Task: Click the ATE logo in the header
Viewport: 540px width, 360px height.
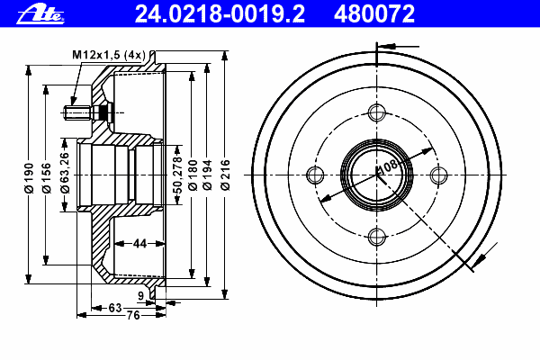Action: (x=40, y=15)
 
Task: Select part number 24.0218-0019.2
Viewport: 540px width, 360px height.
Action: (x=220, y=13)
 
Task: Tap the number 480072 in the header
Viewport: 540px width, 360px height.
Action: (x=374, y=13)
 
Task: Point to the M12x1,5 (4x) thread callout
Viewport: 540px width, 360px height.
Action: (x=109, y=55)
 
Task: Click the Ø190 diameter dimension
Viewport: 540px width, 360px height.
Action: (x=29, y=178)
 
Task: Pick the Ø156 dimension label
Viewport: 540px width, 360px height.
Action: (x=46, y=178)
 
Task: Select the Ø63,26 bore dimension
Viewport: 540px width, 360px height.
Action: (x=65, y=173)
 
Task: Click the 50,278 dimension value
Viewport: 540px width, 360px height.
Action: (x=177, y=175)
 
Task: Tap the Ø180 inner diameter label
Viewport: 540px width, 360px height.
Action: (x=193, y=175)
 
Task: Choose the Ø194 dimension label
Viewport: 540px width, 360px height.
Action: (x=207, y=175)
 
